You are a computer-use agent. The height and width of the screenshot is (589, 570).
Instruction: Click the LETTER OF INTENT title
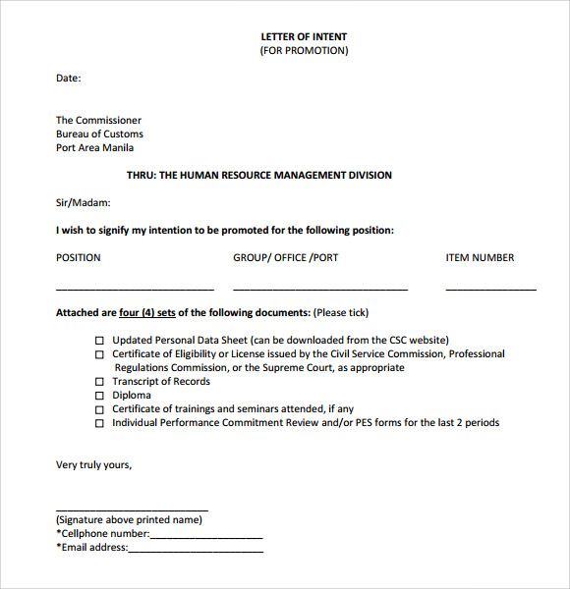pos(304,37)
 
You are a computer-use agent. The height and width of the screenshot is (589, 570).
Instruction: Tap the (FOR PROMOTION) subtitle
pos(304,51)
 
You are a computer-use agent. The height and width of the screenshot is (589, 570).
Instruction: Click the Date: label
pos(69,79)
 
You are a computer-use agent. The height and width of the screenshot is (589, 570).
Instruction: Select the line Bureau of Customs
pos(99,134)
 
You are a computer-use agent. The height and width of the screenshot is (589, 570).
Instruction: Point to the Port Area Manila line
pos(95,148)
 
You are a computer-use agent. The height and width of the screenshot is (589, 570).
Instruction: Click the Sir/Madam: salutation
pos(84,203)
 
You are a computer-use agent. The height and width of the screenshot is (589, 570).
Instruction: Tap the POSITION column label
pos(79,258)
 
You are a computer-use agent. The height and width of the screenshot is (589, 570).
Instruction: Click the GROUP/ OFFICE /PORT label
pos(285,258)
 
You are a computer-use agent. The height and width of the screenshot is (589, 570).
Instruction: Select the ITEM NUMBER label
pos(480,258)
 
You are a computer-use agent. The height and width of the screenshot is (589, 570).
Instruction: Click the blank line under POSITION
pos(135,289)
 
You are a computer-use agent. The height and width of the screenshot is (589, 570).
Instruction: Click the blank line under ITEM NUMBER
pos(490,289)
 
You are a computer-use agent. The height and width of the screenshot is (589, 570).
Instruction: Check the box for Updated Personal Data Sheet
pos(99,341)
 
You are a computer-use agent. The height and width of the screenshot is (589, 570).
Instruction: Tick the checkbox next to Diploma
pos(99,396)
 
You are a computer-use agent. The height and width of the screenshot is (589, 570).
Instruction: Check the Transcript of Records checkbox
pos(99,382)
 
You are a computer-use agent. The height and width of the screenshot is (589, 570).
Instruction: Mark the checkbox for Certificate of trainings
pos(99,409)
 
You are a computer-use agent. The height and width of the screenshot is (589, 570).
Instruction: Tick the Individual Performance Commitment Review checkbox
pos(99,423)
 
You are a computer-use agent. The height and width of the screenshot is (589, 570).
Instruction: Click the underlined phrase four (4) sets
pos(147,313)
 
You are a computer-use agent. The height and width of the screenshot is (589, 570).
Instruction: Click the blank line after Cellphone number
pos(206,536)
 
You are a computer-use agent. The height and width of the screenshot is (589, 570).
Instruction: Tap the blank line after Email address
pos(196,550)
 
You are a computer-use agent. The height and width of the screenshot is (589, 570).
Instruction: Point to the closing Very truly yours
pos(93,465)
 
